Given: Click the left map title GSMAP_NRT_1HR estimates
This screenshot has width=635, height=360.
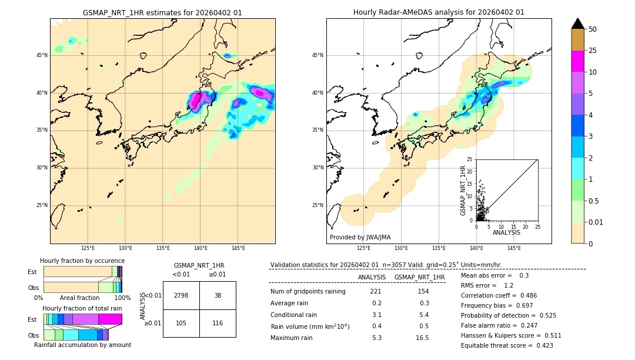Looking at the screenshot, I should pos(162,12).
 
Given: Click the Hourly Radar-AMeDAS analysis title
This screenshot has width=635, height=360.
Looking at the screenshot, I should pos(439,12).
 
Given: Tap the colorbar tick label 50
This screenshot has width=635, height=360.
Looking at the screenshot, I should pos(593,29).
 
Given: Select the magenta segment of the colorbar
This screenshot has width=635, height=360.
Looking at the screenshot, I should pos(578,61).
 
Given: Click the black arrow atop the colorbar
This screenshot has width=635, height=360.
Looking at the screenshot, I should pos(578,24).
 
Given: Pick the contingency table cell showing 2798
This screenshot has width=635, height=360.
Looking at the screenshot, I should pos(181,295).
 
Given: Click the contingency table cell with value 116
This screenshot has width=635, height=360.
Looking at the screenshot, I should pos(218,323).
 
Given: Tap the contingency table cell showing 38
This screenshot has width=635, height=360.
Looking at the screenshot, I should pos(218,295).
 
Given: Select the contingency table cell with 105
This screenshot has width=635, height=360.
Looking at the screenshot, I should pos(181,323).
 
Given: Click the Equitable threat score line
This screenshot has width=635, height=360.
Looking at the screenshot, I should pos(507,345).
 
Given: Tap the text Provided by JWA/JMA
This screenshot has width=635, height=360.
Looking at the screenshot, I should pos(360,238).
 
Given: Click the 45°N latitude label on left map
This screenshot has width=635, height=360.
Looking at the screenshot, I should pos(42,55).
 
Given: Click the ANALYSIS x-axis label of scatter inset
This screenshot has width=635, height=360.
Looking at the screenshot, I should pos(506,232).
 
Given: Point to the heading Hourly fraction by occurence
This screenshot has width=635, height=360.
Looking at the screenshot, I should pos(82,261).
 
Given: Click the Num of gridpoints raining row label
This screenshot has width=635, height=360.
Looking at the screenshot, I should pos(308,292).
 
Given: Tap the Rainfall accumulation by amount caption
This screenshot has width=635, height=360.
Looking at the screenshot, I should pos(82,345).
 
